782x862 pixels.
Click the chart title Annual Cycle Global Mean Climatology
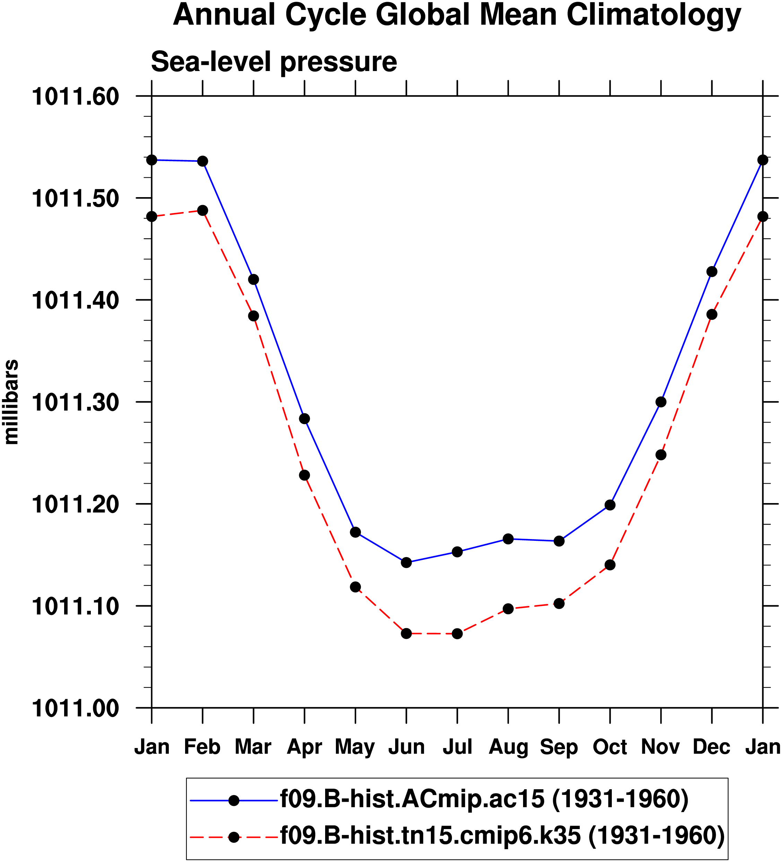click(457, 15)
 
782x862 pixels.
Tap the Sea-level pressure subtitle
click(274, 62)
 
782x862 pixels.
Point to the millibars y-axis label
click(11, 402)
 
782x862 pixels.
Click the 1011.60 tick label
click(75, 97)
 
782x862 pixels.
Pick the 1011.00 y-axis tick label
click(75, 709)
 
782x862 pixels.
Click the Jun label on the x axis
click(406, 747)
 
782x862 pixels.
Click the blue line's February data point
click(203, 161)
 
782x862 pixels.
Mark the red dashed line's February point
click(203, 210)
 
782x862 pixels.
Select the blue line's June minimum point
click(406, 562)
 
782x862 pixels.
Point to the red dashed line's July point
click(457, 633)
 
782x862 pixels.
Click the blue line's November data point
click(661, 402)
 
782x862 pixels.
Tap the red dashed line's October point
click(610, 565)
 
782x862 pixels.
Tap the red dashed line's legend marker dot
click(234, 837)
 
